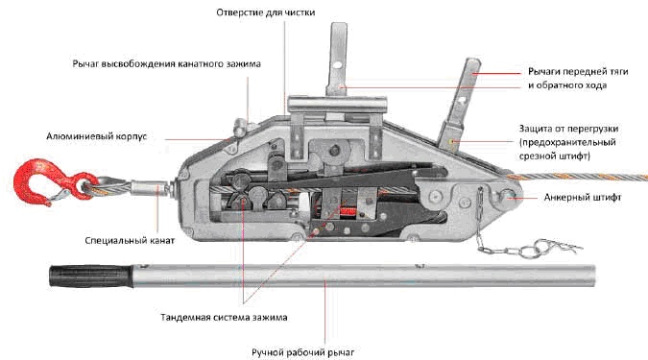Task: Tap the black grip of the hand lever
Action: [x=91, y=276]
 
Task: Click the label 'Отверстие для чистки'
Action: [x=266, y=12]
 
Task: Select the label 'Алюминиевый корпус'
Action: [x=96, y=136]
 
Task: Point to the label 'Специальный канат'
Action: [x=130, y=241]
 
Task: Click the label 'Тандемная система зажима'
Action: [x=224, y=318]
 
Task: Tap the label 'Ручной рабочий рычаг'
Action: [x=303, y=352]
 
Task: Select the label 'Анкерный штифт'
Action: [x=583, y=197]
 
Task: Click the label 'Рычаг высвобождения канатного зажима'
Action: [x=166, y=64]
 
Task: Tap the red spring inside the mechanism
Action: [x=348, y=211]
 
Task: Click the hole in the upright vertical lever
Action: [x=338, y=65]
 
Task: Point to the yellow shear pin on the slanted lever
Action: [x=452, y=142]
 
